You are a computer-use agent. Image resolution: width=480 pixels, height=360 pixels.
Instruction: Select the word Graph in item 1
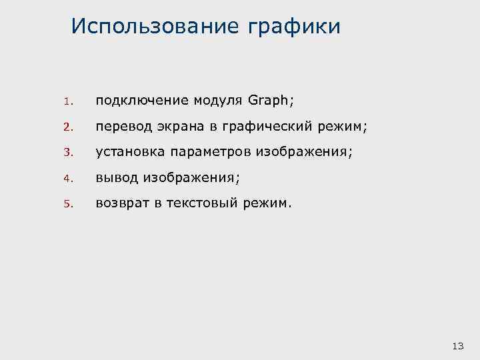click(268, 101)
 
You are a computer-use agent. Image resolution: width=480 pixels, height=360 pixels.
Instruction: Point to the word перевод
click(121, 127)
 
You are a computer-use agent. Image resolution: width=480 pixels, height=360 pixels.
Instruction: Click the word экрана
click(174, 127)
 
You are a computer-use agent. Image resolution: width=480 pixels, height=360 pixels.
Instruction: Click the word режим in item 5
click(266, 203)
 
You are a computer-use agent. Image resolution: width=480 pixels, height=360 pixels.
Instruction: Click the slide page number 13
click(457, 345)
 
